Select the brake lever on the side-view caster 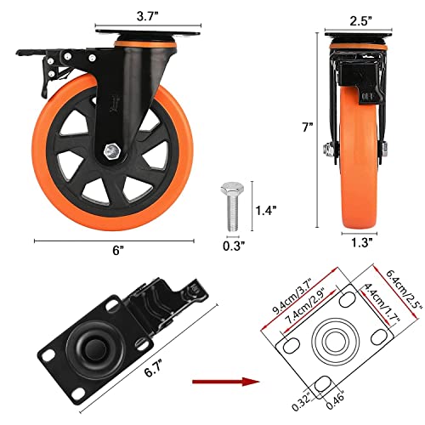[40, 76]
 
